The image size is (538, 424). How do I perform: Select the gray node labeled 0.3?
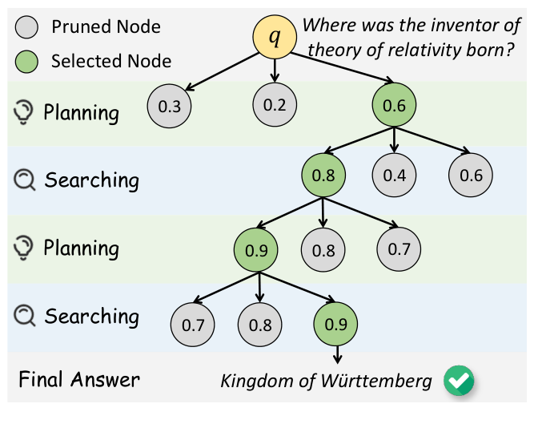click(168, 106)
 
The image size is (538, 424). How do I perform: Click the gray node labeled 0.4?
click(394, 176)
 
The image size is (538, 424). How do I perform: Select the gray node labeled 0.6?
click(471, 176)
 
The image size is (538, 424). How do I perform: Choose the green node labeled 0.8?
click(323, 176)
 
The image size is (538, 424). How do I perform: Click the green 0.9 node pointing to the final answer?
click(336, 325)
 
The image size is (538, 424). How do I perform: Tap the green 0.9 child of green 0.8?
click(256, 249)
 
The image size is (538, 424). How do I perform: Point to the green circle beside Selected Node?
click(26, 61)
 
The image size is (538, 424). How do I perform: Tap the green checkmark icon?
click(460, 380)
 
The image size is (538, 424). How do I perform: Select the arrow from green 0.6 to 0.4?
click(394, 140)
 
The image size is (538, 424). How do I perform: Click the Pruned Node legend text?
click(106, 27)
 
